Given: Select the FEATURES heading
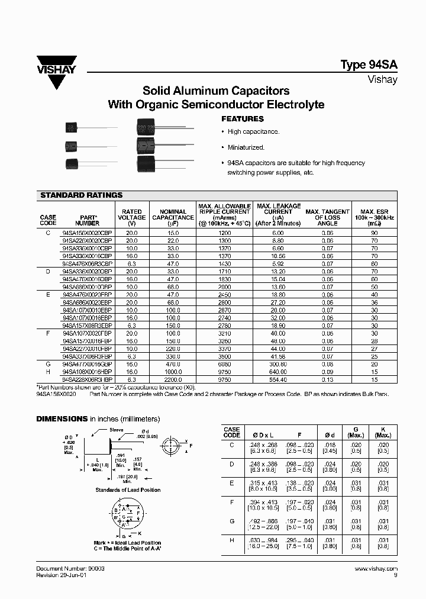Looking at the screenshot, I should coord(241,119).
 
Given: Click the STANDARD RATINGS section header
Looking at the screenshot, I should coord(81,195).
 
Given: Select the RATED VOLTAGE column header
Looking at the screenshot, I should coord(131,217).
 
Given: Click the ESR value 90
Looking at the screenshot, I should coord(375,234).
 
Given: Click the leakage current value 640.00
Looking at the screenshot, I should coord(277,372).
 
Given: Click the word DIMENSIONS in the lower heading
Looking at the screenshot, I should coord(62,418).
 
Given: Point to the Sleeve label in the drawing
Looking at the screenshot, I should coord(116,431).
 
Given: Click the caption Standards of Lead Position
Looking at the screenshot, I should coord(128,490).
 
